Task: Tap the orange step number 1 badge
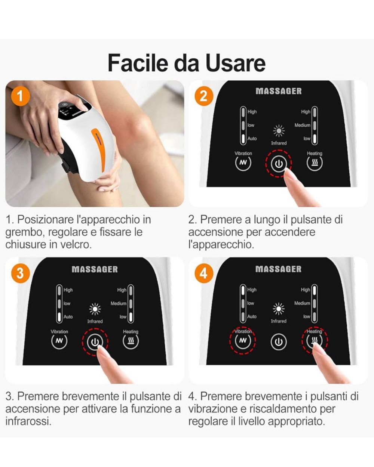(20, 96)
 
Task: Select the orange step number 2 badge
(203, 96)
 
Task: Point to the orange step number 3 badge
(20, 273)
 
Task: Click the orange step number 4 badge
(203, 273)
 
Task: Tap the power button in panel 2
(279, 164)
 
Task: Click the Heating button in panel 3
(131, 341)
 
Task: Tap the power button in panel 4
(278, 342)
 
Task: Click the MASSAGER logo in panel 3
(95, 269)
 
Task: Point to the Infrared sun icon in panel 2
(279, 131)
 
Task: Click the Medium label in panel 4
(302, 303)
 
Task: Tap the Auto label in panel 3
(68, 317)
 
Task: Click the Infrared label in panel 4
(279, 321)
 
